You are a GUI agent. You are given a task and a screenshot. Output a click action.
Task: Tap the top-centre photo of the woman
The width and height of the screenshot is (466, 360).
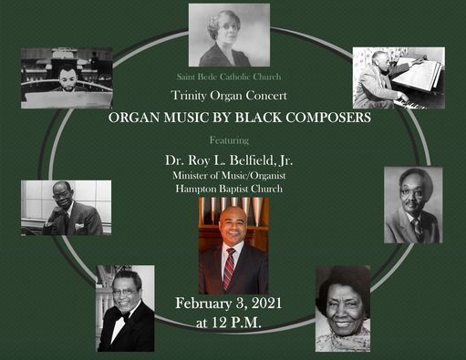point(229,35)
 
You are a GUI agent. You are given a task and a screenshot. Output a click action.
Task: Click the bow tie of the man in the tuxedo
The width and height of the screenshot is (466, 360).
point(121,314)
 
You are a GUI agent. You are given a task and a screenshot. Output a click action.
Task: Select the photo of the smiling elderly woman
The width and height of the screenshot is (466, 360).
point(343,308)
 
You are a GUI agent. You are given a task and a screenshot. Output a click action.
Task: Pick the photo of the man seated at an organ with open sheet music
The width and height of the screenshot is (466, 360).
point(399,77)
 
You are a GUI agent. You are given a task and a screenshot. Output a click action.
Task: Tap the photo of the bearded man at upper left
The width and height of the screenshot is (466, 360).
point(66,77)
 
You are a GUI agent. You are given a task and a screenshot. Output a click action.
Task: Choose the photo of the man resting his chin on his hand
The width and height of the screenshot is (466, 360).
point(66,207)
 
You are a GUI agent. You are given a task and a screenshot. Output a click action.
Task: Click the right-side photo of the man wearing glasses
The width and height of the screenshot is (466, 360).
point(413,204)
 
